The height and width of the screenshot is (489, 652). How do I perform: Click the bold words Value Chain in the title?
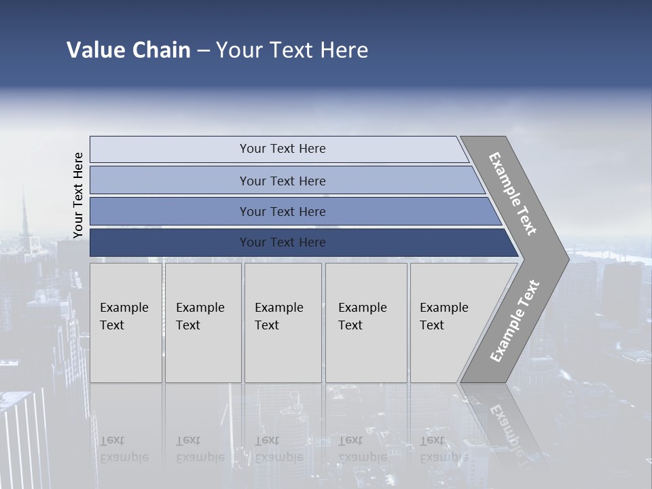tap(128, 50)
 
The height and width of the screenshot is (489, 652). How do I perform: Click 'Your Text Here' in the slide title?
tap(292, 50)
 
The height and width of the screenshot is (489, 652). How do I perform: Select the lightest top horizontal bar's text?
tap(283, 149)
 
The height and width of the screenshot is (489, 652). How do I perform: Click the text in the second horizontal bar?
tap(283, 181)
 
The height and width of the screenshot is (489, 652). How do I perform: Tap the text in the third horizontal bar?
tap(283, 211)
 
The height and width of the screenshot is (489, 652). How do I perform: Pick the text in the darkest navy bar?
tap(283, 242)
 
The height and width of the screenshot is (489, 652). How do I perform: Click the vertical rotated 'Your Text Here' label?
tap(78, 196)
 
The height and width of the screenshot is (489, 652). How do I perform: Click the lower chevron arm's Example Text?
tap(515, 321)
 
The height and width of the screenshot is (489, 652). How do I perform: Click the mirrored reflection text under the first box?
tap(124, 449)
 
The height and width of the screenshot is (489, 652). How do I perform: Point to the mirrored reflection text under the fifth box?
tap(444, 449)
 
